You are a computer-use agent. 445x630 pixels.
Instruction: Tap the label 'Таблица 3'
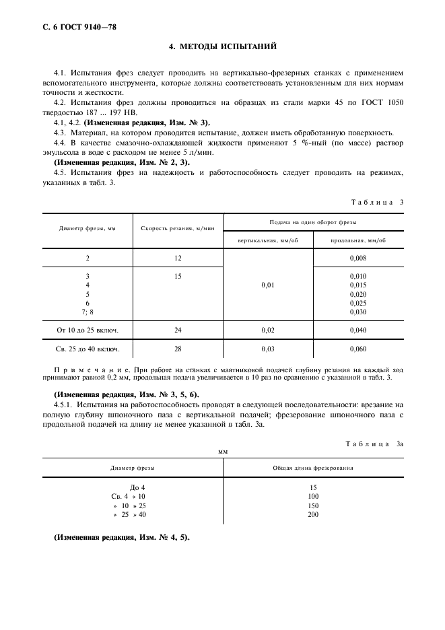pyautogui.click(x=377, y=202)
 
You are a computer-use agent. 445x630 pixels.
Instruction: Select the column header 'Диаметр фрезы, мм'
pyautogui.click(x=88, y=228)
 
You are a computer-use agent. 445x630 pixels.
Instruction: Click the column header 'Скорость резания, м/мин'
pyautogui.click(x=178, y=228)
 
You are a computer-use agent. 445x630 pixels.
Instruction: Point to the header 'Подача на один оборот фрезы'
pyautogui.click(x=313, y=221)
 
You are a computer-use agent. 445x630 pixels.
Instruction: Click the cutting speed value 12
pyautogui.click(x=178, y=258)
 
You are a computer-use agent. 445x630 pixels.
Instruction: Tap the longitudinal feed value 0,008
pyautogui.click(x=358, y=258)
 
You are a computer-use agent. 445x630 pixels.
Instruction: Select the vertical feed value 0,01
pyautogui.click(x=267, y=285)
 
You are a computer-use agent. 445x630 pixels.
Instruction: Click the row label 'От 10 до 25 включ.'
pyautogui.click(x=88, y=330)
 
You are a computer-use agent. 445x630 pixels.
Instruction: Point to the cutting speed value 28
pyautogui.click(x=178, y=349)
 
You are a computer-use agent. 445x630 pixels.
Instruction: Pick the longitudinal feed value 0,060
pyautogui.click(x=358, y=349)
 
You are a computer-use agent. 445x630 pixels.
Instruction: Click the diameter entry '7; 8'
pyautogui.click(x=88, y=312)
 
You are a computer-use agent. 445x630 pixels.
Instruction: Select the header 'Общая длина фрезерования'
pyautogui.click(x=312, y=467)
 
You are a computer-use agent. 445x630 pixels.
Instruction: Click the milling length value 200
pyautogui.click(x=312, y=515)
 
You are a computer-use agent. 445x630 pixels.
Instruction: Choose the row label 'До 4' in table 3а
pyautogui.click(x=137, y=487)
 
